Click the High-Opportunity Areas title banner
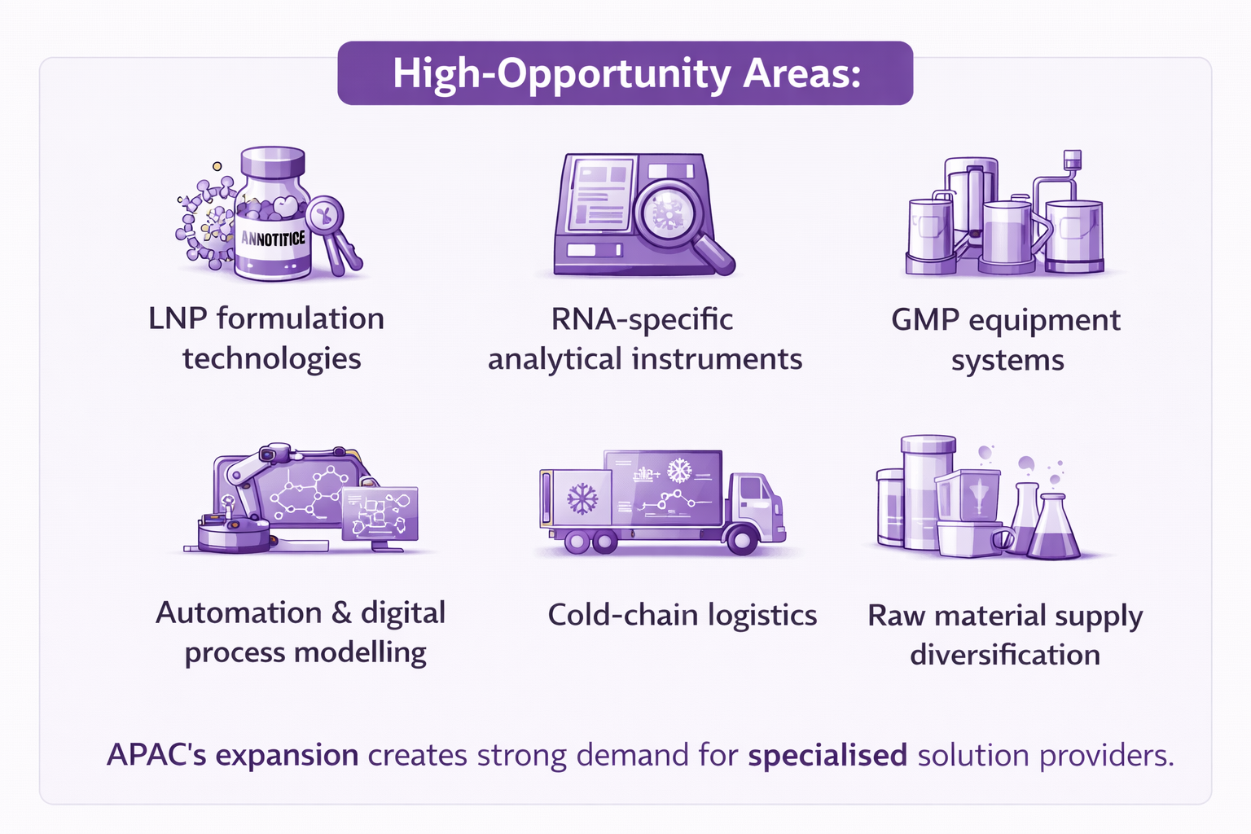point(625,72)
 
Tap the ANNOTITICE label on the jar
point(273,239)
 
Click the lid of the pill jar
point(273,161)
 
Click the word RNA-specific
point(642,319)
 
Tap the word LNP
point(177,319)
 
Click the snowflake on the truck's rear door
point(582,498)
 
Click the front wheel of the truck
point(742,540)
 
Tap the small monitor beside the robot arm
point(380,514)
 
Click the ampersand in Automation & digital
point(341,612)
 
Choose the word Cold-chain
point(623,615)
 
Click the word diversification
point(1005,654)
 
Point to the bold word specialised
point(827,756)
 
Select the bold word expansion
point(287,757)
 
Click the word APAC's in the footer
point(156,755)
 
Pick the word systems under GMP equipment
point(1007,361)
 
